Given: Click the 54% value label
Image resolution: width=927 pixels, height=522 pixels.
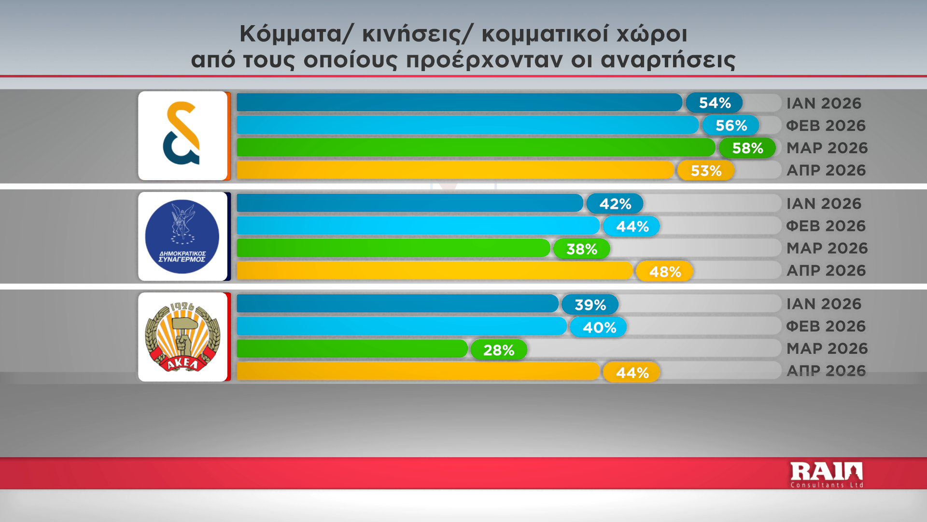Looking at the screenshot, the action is [714, 103].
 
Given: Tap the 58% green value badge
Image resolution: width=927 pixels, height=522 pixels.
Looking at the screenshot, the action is [747, 148].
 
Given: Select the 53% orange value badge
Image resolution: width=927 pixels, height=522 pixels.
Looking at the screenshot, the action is [706, 171].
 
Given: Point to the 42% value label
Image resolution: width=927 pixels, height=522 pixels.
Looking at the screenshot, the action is [615, 204].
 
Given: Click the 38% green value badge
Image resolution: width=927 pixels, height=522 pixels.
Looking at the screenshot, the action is [582, 249].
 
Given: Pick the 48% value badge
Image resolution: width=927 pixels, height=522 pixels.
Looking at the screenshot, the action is [665, 272].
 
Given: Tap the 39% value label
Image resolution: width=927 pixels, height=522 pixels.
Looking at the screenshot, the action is [590, 304].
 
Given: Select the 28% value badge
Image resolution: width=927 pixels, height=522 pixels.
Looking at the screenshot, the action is [499, 350].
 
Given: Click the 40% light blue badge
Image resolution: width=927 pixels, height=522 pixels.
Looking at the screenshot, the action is [599, 327].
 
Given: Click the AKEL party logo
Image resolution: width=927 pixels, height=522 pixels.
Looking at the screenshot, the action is [183, 337].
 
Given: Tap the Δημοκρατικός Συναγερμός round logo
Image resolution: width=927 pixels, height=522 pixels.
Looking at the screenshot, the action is [182, 237].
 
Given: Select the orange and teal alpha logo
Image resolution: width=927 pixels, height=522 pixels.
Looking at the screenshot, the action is [182, 133].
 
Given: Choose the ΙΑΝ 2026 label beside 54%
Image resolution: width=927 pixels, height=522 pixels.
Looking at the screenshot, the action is [824, 103].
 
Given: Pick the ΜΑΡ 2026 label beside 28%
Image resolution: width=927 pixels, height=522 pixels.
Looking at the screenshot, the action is [827, 348].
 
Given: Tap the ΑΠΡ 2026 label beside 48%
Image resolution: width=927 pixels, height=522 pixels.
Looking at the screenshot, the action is [826, 271].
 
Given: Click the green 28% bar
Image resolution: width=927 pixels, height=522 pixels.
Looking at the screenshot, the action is [352, 348].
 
